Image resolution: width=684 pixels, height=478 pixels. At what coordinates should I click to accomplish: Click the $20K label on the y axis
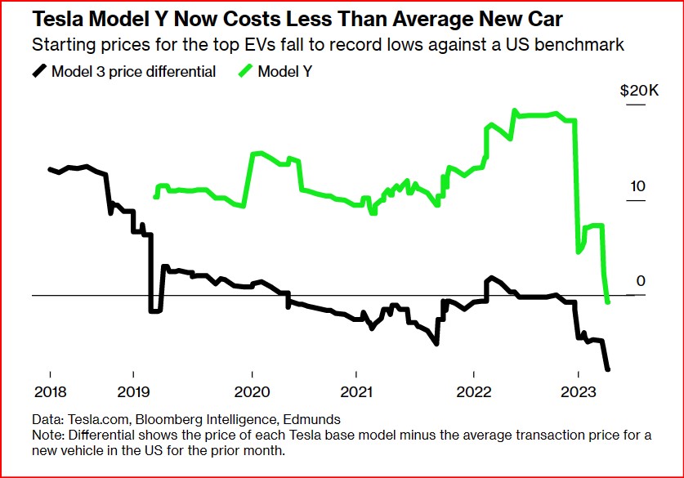point(638,90)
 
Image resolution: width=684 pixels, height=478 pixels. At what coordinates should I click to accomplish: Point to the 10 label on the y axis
point(637,186)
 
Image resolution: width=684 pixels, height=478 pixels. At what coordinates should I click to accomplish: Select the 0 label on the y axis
point(641,281)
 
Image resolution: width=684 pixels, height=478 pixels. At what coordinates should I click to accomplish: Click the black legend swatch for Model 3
point(38,72)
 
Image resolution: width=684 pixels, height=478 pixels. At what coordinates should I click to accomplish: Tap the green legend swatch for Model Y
point(244,72)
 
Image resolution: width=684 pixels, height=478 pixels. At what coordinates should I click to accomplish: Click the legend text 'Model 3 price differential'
point(133,72)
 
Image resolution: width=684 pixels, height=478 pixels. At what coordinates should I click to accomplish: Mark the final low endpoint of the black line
point(608,370)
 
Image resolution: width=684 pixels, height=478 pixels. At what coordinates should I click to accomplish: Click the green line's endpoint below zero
point(608,302)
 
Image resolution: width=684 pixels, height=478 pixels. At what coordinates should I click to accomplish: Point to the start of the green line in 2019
point(154,197)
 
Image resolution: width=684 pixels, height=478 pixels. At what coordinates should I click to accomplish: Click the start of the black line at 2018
point(49,169)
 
